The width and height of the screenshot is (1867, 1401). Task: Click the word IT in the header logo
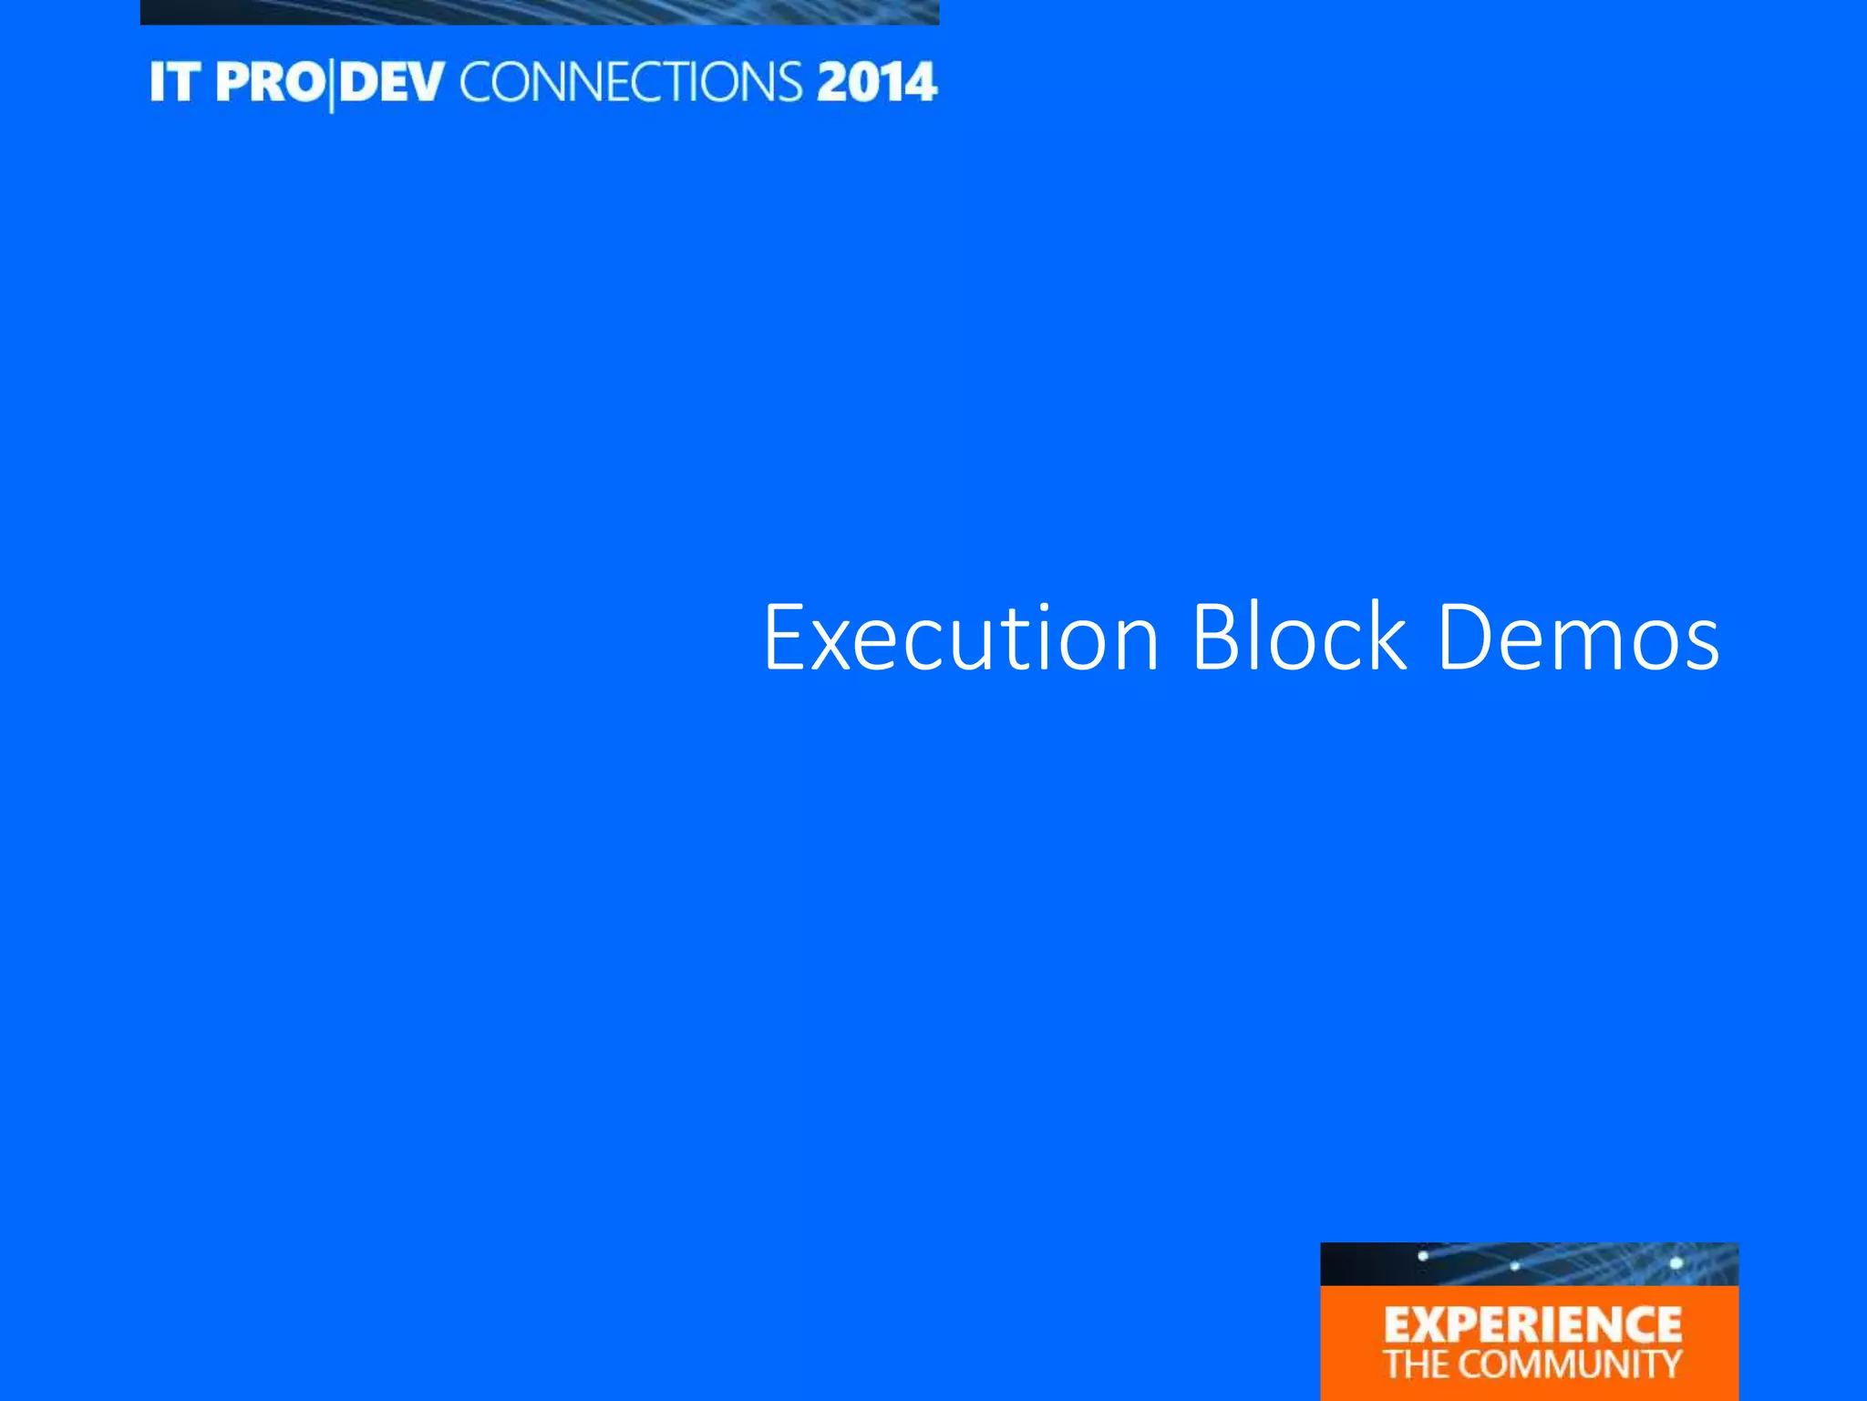[174, 83]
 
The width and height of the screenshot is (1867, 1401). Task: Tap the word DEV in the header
[393, 83]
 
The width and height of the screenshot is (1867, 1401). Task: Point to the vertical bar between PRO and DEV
[331, 85]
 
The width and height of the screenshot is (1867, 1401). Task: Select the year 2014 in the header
[876, 83]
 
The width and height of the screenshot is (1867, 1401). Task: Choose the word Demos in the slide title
[1578, 638]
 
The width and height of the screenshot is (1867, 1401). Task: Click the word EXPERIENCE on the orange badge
[1532, 1325]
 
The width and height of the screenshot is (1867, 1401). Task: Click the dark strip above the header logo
[539, 11]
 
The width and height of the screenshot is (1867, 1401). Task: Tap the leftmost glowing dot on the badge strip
[1422, 1257]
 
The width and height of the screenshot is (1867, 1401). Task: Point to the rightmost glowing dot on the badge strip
[1676, 1263]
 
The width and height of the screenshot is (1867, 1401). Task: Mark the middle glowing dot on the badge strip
[1514, 1266]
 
